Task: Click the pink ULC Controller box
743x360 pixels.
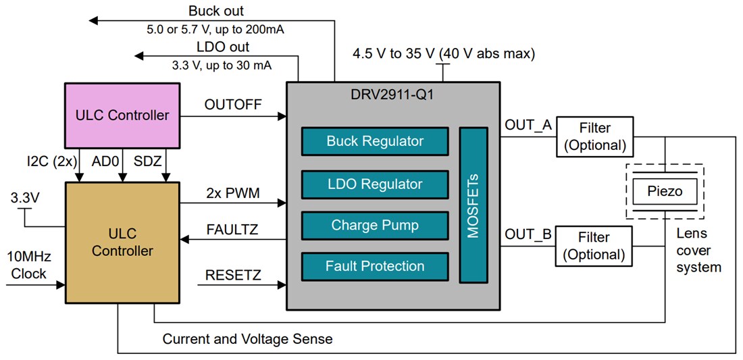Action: [x=122, y=115]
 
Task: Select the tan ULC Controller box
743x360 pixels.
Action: [x=122, y=242]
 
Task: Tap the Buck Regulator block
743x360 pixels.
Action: [x=375, y=141]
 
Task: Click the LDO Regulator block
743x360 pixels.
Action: [x=375, y=184]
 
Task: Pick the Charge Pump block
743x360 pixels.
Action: [x=375, y=225]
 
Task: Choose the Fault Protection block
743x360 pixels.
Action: [x=375, y=266]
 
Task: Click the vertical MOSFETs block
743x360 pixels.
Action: [x=473, y=204]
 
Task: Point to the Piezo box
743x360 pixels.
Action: [x=665, y=191]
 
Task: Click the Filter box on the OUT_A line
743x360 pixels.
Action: [x=594, y=136]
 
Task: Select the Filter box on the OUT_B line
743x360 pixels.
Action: [x=594, y=246]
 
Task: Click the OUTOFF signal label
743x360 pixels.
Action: [x=232, y=104]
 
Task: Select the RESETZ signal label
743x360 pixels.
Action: [x=232, y=275]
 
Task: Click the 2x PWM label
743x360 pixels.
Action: [x=233, y=192]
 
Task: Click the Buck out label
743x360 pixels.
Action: [x=216, y=11]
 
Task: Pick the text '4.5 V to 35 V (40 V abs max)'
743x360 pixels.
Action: [x=444, y=53]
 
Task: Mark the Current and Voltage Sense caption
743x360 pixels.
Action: [x=247, y=339]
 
